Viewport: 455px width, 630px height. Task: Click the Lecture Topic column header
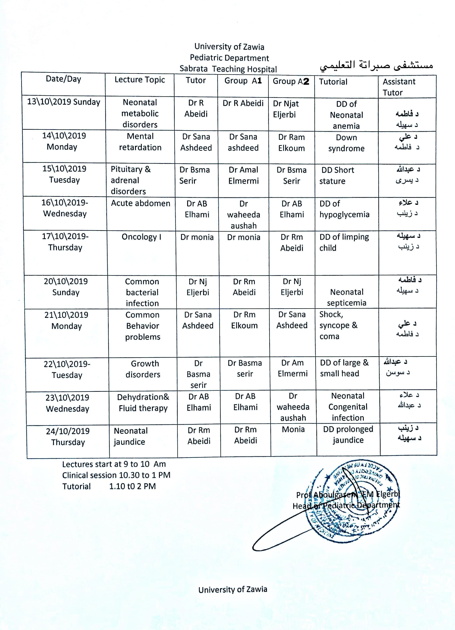pyautogui.click(x=140, y=80)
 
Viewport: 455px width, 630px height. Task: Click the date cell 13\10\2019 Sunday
pyautogui.click(x=64, y=102)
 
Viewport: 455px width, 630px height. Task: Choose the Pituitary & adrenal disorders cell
pyautogui.click(x=131, y=180)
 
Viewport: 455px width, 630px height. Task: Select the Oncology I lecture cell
pyautogui.click(x=141, y=237)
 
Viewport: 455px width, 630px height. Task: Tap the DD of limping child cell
pyautogui.click(x=344, y=242)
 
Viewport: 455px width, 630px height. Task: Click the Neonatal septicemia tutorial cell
pyautogui.click(x=347, y=297)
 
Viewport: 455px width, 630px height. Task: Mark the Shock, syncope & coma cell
pyautogui.click(x=338, y=325)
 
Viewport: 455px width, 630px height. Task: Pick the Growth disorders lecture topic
pyautogui.click(x=143, y=369)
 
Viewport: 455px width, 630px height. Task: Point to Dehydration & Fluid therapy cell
pyautogui.click(x=143, y=402)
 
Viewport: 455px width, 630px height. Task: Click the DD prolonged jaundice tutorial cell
pyautogui.click(x=348, y=434)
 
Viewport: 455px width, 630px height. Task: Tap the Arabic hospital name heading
pyautogui.click(x=376, y=65)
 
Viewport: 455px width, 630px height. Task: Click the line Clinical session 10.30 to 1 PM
pyautogui.click(x=116, y=475)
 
